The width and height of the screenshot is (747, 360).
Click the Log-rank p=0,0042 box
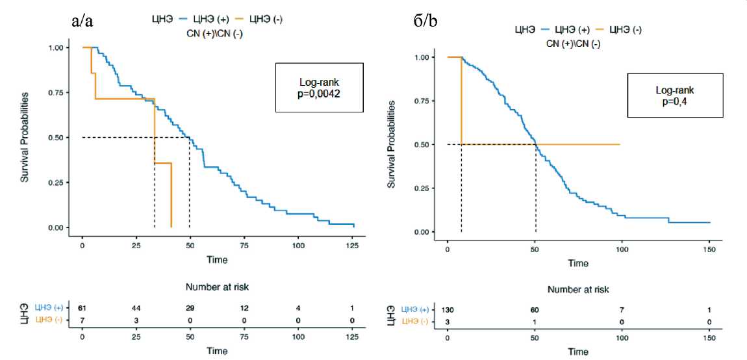tap(318, 88)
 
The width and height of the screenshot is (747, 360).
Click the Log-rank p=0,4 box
tap(676, 95)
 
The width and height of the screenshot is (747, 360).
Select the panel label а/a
tap(82, 21)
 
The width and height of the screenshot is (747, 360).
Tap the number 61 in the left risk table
tap(82, 307)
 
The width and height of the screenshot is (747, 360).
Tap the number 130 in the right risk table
tap(448, 310)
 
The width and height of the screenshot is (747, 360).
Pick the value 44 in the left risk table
tap(136, 307)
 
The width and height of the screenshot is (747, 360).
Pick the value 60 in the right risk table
tap(535, 310)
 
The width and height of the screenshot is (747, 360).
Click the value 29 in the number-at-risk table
tap(190, 307)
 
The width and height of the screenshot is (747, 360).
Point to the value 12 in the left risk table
tap(244, 307)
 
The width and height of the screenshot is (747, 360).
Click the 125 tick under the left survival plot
tap(351, 245)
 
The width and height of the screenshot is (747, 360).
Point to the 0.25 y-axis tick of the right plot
tap(423, 188)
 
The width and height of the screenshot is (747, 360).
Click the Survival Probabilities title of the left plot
tap(24, 136)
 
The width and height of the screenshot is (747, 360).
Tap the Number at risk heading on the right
tap(579, 290)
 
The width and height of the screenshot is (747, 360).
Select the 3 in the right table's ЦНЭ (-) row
tap(448, 322)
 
